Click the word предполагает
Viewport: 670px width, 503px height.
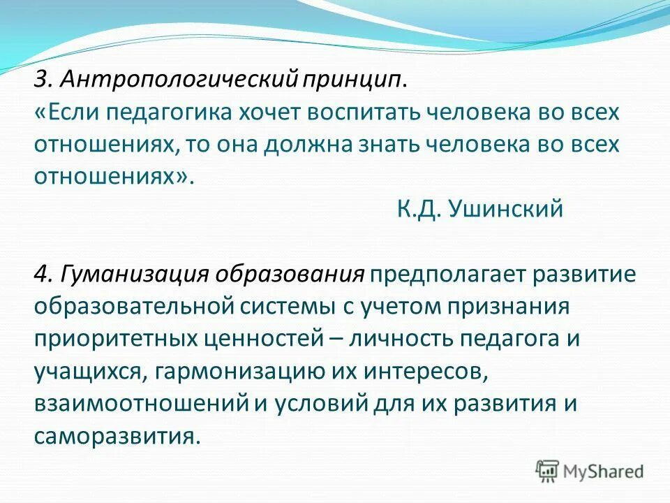(448, 274)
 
